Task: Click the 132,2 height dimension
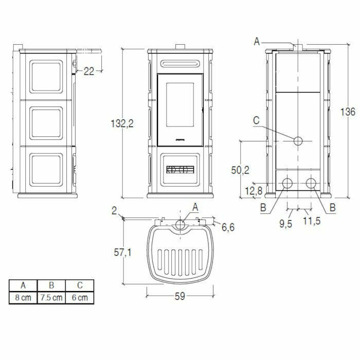122,123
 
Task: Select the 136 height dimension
348,112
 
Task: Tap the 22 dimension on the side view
89,71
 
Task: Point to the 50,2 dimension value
240,170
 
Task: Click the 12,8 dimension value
254,191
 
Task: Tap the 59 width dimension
179,296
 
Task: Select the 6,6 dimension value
228,227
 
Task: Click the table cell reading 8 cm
23,298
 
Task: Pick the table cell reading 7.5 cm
51,298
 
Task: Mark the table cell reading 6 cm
80,298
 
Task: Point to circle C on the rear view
298,141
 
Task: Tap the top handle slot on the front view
179,64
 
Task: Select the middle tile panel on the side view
46,123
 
